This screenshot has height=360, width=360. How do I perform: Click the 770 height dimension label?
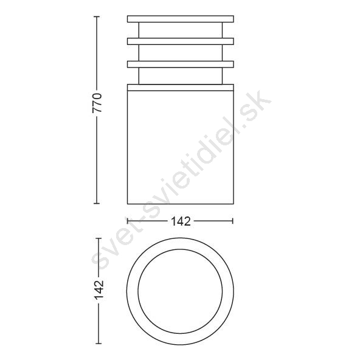97,103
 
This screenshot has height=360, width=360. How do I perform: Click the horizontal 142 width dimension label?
181,221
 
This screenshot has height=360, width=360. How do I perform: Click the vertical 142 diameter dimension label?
99,290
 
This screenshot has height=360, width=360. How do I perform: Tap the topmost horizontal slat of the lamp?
181,19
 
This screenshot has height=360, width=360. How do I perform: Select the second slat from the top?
181,41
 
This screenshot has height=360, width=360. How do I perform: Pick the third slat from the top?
181,64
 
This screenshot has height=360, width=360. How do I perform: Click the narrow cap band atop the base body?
181,88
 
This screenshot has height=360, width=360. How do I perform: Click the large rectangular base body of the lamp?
181,147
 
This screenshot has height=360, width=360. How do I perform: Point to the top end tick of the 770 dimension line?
97,16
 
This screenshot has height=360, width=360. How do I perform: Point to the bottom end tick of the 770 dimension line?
97,203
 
